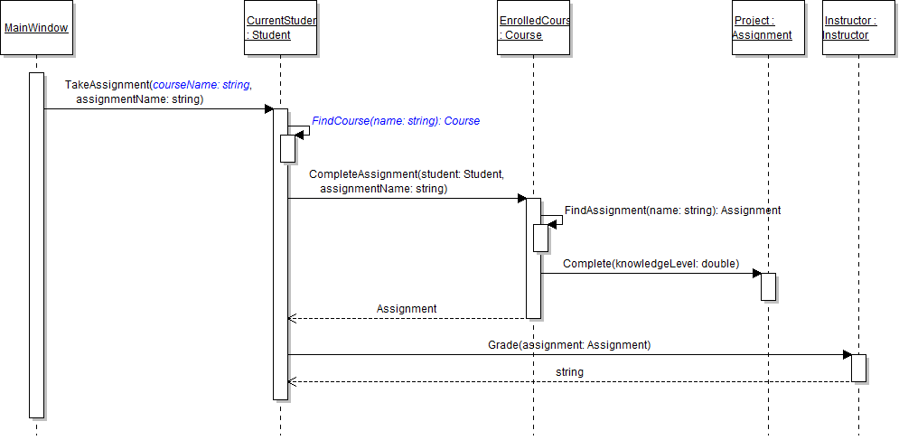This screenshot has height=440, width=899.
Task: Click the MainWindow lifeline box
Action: (x=36, y=28)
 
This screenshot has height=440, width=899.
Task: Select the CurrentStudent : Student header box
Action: (x=281, y=28)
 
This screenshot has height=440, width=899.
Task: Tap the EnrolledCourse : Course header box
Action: (x=534, y=28)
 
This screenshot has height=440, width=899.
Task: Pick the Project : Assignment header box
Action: (x=768, y=28)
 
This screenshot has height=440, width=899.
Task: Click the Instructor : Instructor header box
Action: (x=858, y=28)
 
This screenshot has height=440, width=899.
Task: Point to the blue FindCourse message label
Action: (x=396, y=121)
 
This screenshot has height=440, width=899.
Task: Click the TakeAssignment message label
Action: (x=157, y=92)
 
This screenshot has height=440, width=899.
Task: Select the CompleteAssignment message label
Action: (x=406, y=181)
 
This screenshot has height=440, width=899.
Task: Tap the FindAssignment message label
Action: (x=672, y=211)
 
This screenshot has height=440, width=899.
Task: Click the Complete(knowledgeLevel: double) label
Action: (x=651, y=264)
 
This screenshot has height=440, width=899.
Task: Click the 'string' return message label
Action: (x=569, y=372)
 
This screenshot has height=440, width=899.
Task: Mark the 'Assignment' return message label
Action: (x=407, y=309)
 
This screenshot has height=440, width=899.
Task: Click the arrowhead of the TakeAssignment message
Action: (x=268, y=109)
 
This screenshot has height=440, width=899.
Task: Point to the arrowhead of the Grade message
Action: (x=847, y=354)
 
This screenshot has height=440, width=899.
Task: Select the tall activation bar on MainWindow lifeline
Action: (x=36, y=244)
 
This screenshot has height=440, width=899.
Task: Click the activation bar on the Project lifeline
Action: (x=768, y=286)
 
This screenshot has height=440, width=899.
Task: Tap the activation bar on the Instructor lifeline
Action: (x=858, y=368)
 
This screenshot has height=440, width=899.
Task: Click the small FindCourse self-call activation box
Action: (x=287, y=148)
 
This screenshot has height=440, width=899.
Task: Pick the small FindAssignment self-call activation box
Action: (x=540, y=238)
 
